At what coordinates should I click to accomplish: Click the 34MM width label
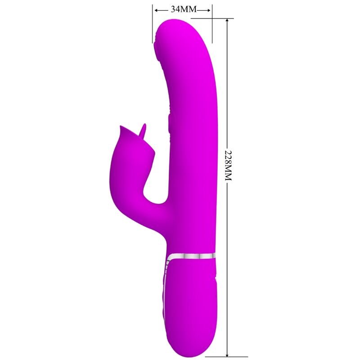click(x=182, y=9)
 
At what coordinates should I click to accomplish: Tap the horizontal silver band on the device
click(x=191, y=256)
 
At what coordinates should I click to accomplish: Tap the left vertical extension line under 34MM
click(x=153, y=25)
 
